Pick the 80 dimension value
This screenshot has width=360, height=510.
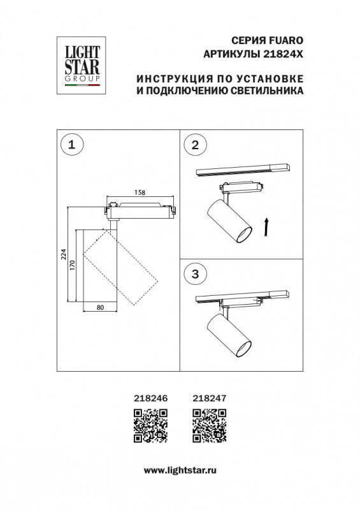click(101, 307)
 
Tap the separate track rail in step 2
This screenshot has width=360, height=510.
click(243, 170)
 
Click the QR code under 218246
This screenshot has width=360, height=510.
click(150, 425)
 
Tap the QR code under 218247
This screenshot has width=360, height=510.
click(209, 425)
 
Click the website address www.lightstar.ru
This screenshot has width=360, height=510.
click(180, 470)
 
